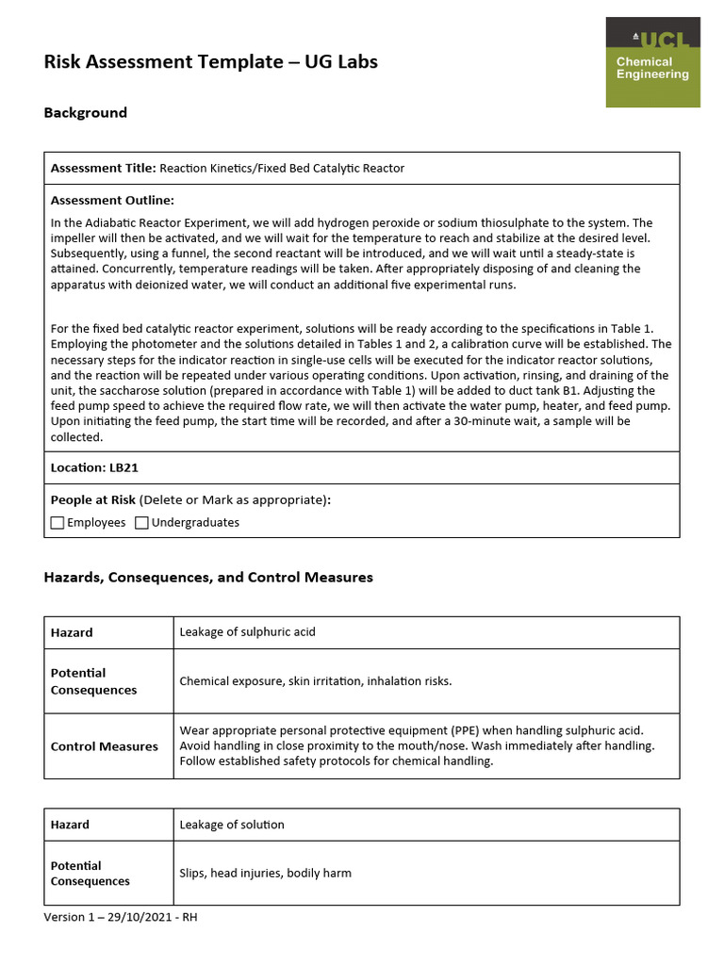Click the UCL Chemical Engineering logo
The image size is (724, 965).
(x=652, y=63)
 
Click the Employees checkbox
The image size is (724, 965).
(x=58, y=522)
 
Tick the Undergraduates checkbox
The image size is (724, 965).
(x=142, y=522)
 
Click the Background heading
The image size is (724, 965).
(x=85, y=113)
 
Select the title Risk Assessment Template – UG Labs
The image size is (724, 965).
(x=210, y=62)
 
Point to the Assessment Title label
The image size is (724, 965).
(x=103, y=168)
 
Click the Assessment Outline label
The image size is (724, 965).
(x=112, y=200)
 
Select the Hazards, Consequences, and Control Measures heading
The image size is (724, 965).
(x=208, y=578)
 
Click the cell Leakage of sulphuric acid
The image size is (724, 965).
(x=247, y=632)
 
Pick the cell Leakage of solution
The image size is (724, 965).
(x=231, y=825)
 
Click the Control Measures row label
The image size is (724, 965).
(x=104, y=746)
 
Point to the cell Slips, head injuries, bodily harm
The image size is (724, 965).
(x=265, y=874)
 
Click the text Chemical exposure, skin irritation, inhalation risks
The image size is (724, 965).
(x=315, y=681)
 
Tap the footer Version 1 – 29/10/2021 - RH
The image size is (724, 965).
(x=121, y=918)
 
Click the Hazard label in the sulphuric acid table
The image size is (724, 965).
(x=72, y=632)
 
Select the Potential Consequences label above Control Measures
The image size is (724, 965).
(x=93, y=681)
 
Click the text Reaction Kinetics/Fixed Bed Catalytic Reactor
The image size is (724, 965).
(x=282, y=168)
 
